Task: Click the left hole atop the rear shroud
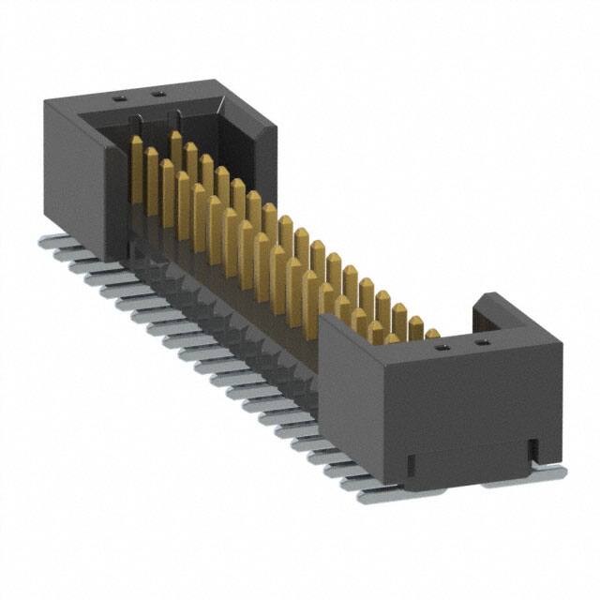(x=121, y=97)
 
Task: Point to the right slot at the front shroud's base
(x=532, y=451)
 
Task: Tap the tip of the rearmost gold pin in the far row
(x=175, y=136)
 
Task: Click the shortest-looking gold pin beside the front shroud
(x=431, y=333)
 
